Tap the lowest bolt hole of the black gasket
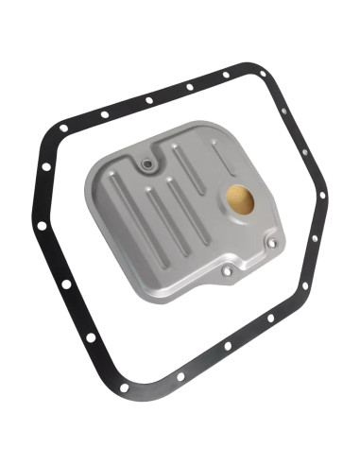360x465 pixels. [124, 387]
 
